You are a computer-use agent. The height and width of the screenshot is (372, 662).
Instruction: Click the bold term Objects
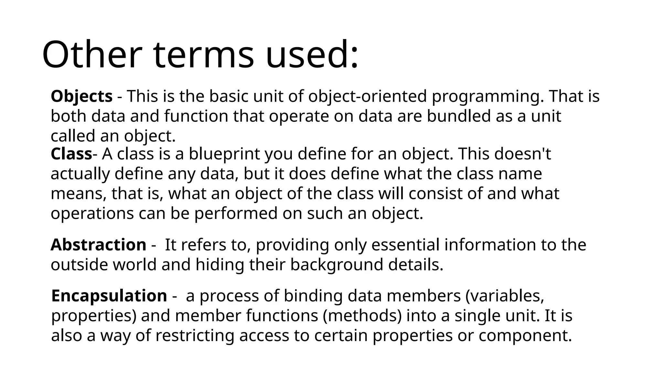coord(81,96)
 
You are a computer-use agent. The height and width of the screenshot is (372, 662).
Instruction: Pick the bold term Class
coord(71,154)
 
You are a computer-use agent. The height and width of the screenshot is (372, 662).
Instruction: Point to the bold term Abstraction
coord(98,244)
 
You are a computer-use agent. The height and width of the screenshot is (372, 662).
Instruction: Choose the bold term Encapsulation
coord(109,295)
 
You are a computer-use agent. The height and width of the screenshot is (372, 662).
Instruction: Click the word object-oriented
coord(368,96)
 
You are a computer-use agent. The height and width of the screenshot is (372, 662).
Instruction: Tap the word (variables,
coord(505,295)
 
